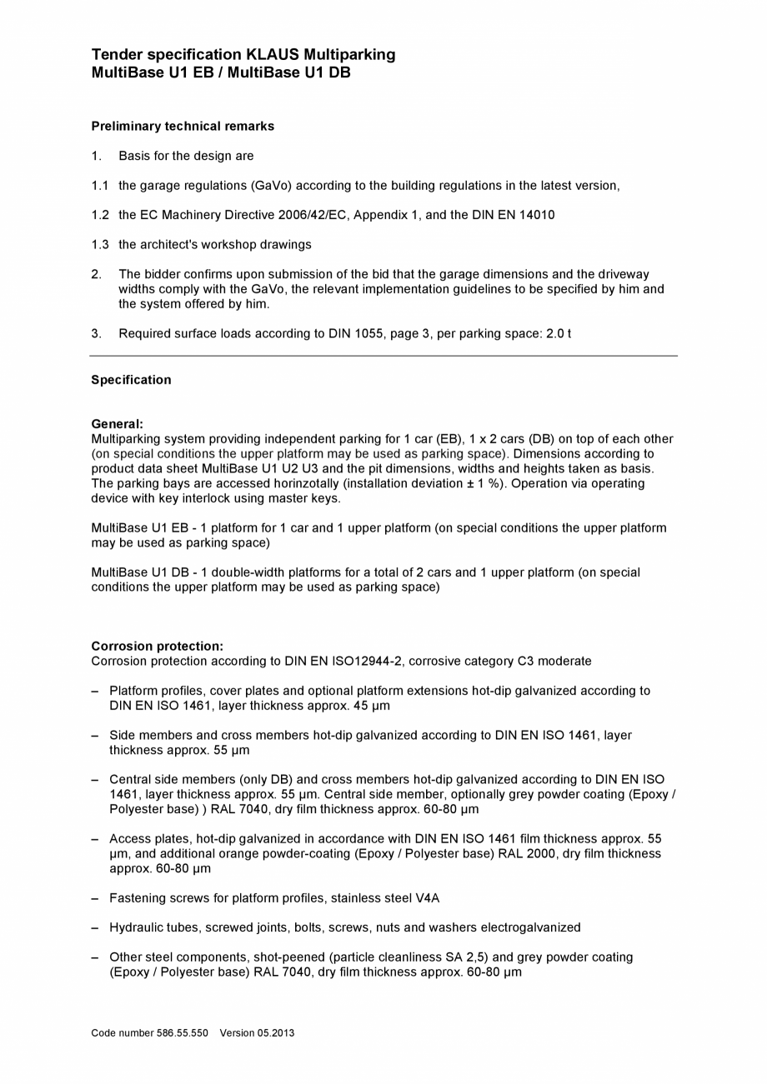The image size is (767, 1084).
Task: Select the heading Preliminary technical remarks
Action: (x=183, y=127)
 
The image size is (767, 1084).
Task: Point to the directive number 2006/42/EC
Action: (x=313, y=215)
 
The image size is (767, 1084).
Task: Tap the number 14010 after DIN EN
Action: (x=536, y=215)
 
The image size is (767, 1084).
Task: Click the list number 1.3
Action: (x=100, y=245)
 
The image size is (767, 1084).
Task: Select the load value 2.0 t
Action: (x=559, y=334)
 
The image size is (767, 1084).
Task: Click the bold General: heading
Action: (x=117, y=424)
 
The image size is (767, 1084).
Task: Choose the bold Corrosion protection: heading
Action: (x=157, y=647)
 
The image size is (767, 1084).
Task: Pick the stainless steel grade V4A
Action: (x=427, y=898)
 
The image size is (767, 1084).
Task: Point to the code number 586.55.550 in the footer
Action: (x=182, y=1033)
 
